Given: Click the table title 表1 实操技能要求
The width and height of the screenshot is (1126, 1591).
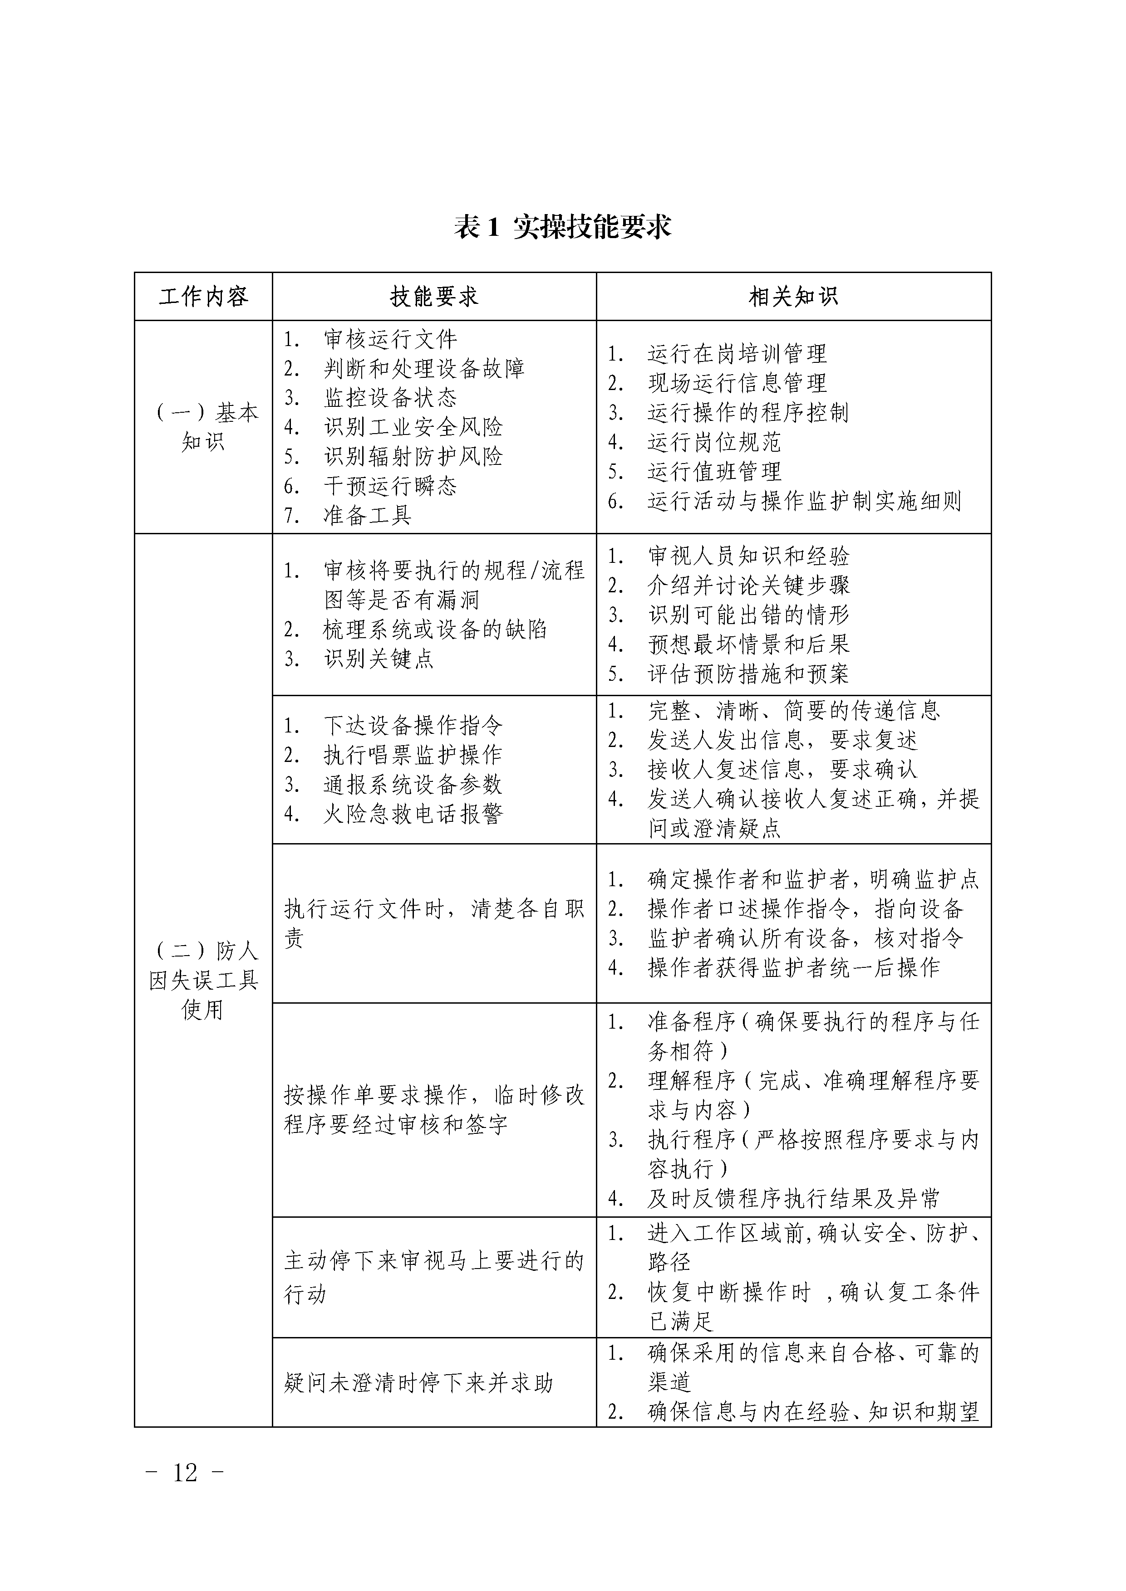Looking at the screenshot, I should (562, 227).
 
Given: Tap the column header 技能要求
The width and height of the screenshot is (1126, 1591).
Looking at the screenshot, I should (434, 297).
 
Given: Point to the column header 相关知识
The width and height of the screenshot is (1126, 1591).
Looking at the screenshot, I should (793, 297).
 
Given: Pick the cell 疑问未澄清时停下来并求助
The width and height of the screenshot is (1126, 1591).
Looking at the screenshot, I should (418, 1383).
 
